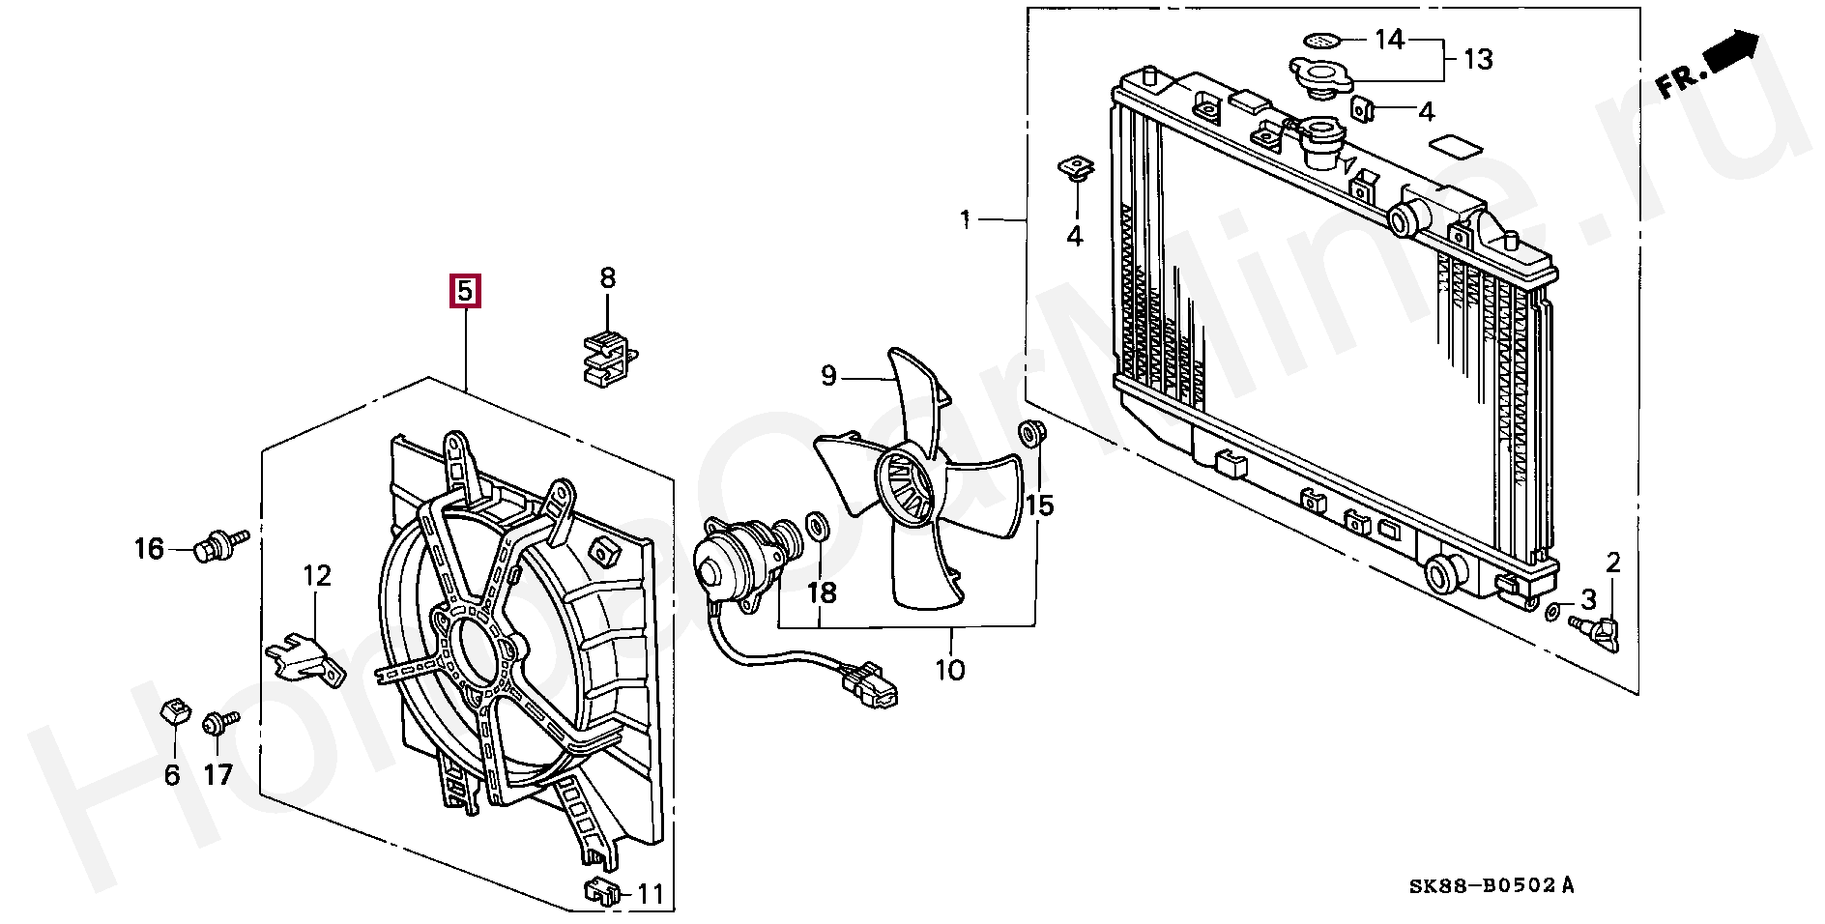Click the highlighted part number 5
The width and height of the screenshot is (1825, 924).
tap(465, 290)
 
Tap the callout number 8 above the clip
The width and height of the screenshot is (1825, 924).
tap(607, 279)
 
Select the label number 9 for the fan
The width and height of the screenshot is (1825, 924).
tap(828, 375)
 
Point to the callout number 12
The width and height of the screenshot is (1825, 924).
tap(317, 577)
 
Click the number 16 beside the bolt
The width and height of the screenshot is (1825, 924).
tap(149, 550)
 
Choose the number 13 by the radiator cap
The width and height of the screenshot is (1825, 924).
tap(1477, 60)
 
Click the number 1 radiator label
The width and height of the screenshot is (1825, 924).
tap(965, 220)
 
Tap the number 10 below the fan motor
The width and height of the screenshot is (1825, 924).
tap(950, 670)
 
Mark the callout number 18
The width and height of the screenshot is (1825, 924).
tap(822, 592)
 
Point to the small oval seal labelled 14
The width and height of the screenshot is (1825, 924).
tap(1321, 41)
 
